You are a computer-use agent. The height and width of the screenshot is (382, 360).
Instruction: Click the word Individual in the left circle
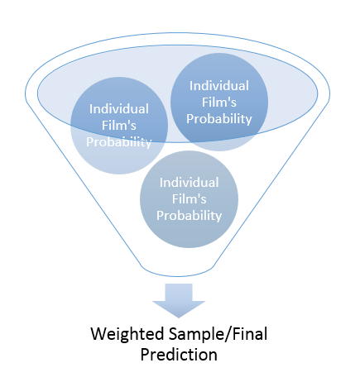click(119, 109)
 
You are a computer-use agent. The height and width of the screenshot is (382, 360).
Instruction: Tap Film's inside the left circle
click(119, 126)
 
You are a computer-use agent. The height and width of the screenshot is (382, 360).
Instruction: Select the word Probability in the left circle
click(119, 143)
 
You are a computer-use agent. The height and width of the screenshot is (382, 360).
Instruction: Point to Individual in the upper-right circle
click(219, 86)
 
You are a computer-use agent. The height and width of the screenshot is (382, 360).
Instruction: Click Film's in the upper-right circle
click(219, 103)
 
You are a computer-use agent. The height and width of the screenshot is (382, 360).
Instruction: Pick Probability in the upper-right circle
click(219, 119)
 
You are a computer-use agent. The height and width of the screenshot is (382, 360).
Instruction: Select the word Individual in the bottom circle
click(189, 183)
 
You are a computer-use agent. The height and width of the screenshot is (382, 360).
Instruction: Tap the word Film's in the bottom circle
click(189, 198)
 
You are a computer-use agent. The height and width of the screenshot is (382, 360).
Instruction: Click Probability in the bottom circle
click(189, 216)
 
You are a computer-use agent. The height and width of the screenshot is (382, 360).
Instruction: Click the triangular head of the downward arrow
click(179, 308)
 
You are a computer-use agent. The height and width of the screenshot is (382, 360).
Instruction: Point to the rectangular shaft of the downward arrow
click(179, 293)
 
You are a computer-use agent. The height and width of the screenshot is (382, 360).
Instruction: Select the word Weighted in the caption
click(127, 335)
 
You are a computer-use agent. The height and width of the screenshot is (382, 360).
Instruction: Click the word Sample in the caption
click(197, 335)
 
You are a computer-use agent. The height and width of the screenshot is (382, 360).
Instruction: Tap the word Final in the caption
click(250, 334)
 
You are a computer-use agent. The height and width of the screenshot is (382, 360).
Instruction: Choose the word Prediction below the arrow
click(179, 355)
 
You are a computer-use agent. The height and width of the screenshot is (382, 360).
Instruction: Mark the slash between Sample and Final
click(229, 335)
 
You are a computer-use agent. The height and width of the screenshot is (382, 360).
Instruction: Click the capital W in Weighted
click(99, 334)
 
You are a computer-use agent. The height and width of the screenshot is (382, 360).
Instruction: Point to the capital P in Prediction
click(145, 355)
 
